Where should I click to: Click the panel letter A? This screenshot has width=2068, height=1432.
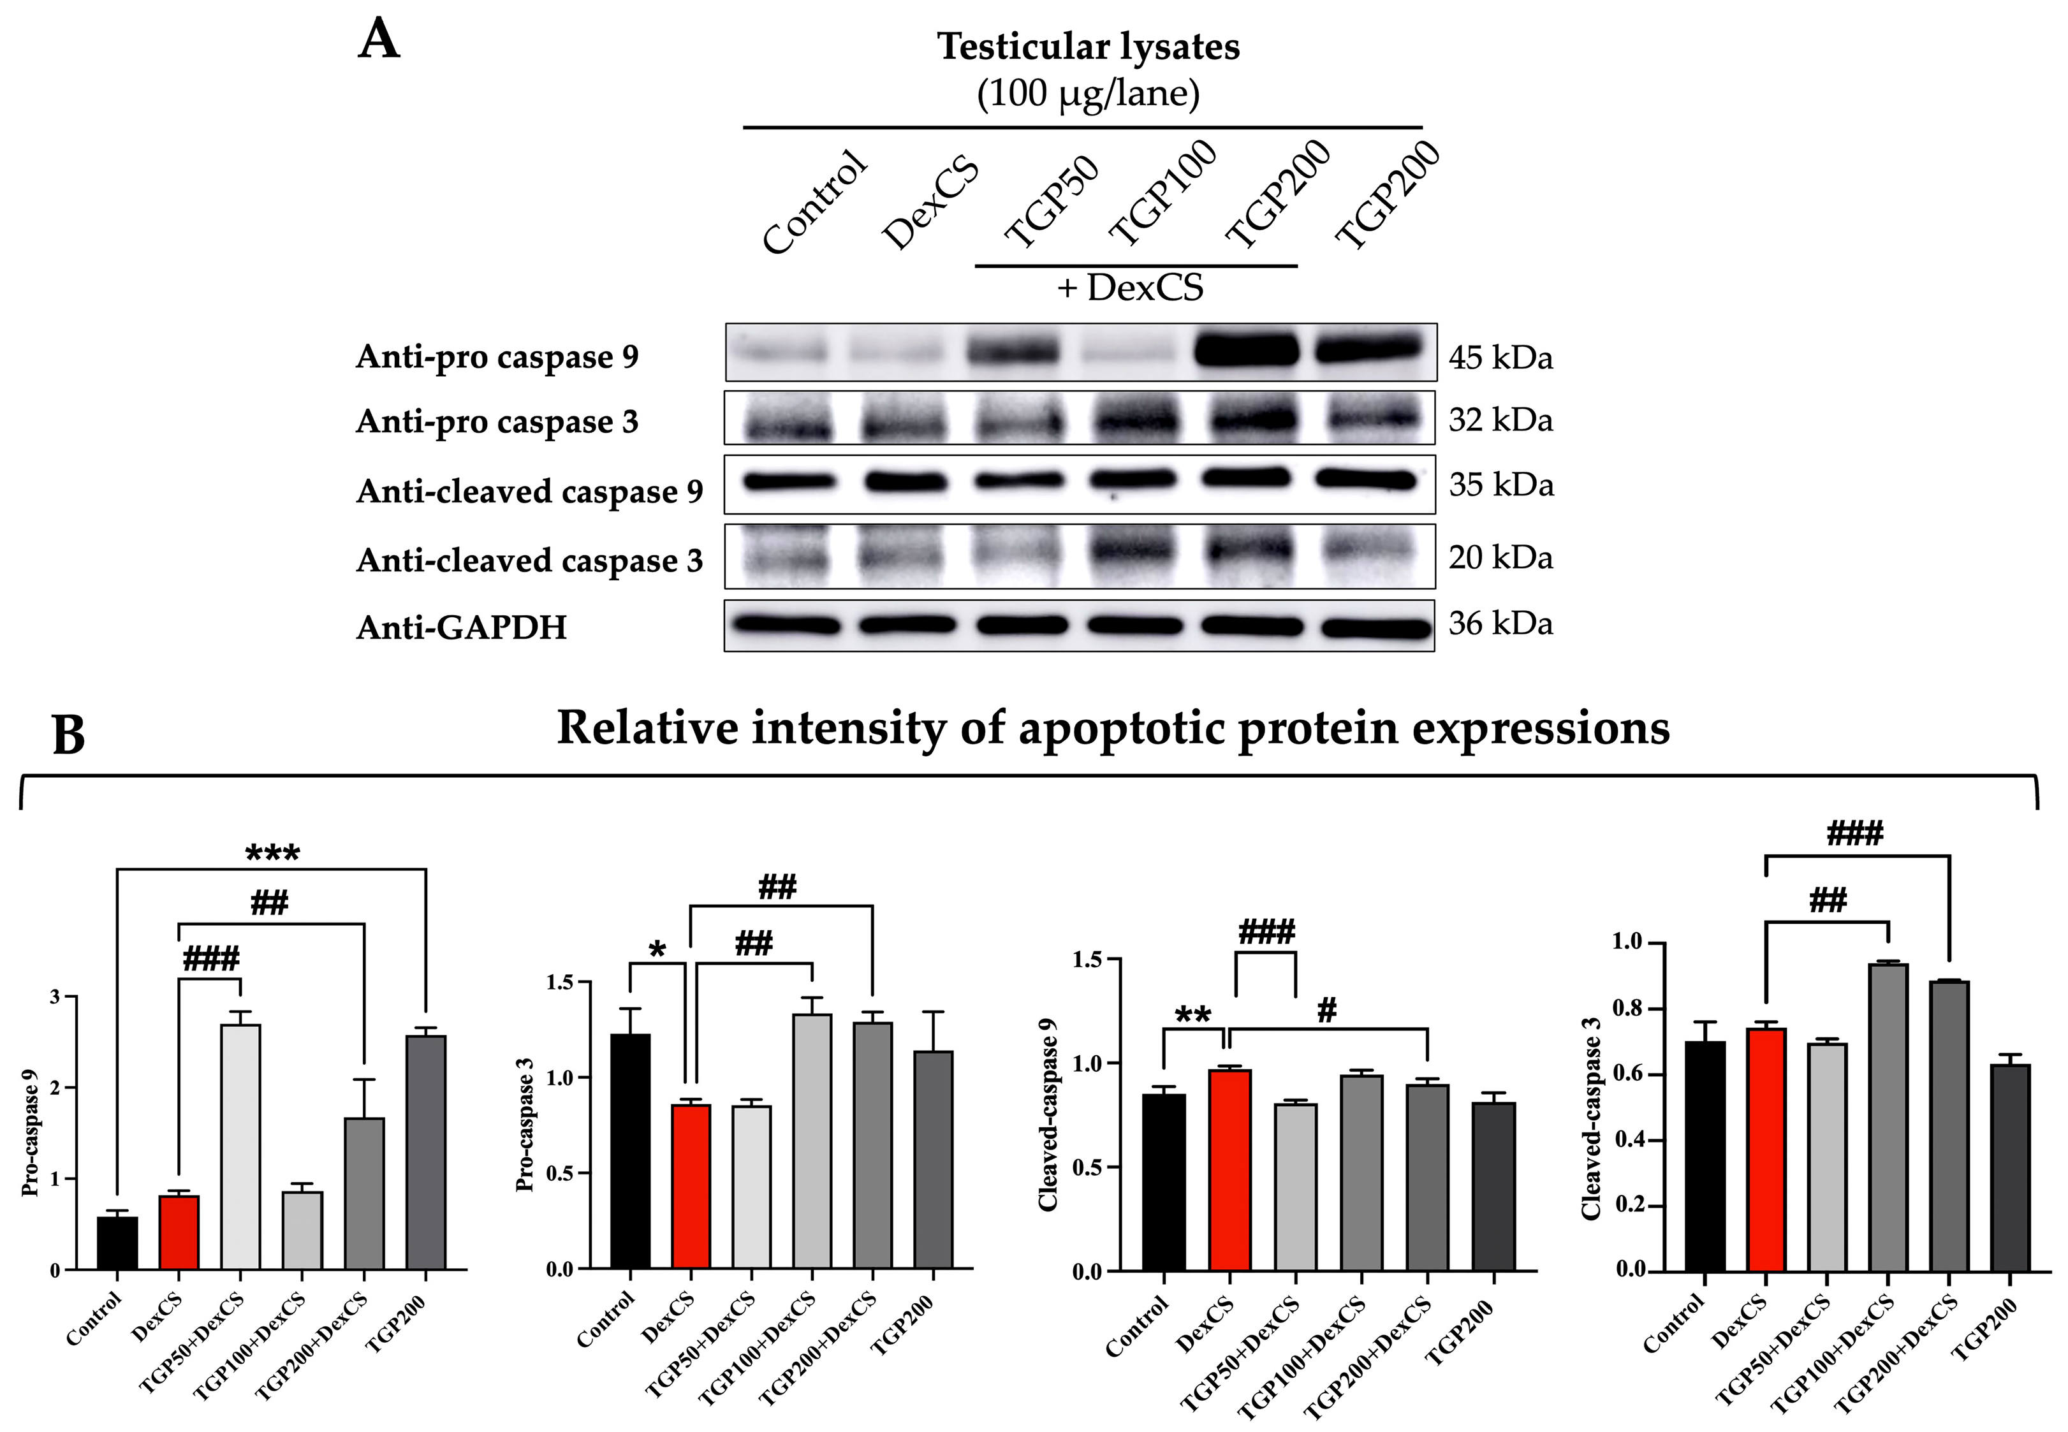coord(379,41)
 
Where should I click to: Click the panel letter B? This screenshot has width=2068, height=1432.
coord(69,735)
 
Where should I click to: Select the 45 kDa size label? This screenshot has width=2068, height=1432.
coord(1500,358)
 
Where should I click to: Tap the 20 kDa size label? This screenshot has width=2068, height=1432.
coord(1500,558)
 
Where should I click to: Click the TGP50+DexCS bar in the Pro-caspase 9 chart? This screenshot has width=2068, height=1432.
coord(240,1146)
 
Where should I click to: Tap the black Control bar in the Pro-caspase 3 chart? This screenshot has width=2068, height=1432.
coord(631,1151)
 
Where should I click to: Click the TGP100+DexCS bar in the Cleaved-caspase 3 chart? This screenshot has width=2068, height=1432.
coord(1888,1116)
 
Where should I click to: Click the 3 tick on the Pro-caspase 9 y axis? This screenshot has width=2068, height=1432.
coord(55,997)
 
